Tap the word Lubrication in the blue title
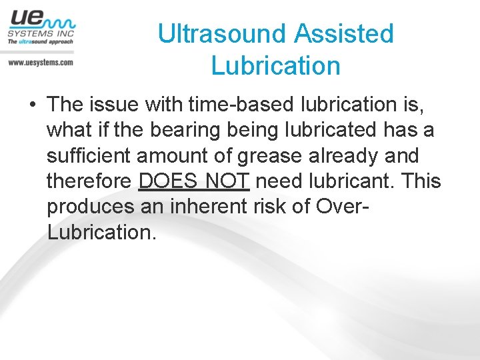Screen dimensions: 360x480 point(275,66)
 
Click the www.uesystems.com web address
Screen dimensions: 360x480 point(40,62)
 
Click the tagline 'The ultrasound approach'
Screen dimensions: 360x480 point(40,41)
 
